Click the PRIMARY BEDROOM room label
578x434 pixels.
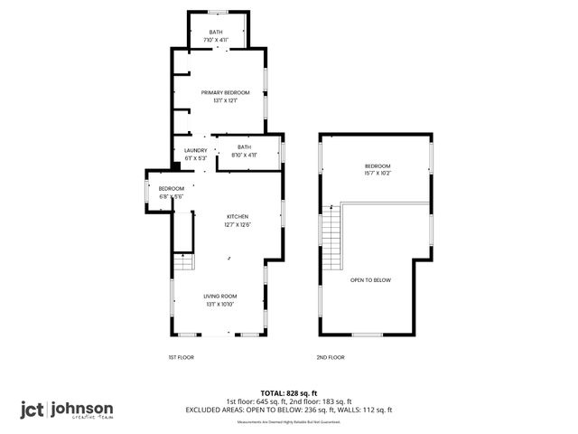226,92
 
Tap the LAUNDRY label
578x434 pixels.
196,151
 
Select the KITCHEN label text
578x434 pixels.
238,216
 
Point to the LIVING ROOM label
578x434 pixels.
219,296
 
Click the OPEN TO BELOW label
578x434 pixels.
371,280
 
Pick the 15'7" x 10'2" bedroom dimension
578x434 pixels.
378,174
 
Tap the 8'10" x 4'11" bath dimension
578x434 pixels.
244,156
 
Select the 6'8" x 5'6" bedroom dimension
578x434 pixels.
172,196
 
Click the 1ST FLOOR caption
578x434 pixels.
181,357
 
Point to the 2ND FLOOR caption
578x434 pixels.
331,357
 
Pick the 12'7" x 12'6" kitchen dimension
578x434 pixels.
238,224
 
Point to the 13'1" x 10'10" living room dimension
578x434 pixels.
219,304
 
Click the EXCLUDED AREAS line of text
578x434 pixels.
289,410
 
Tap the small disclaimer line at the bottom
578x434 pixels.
290,421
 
